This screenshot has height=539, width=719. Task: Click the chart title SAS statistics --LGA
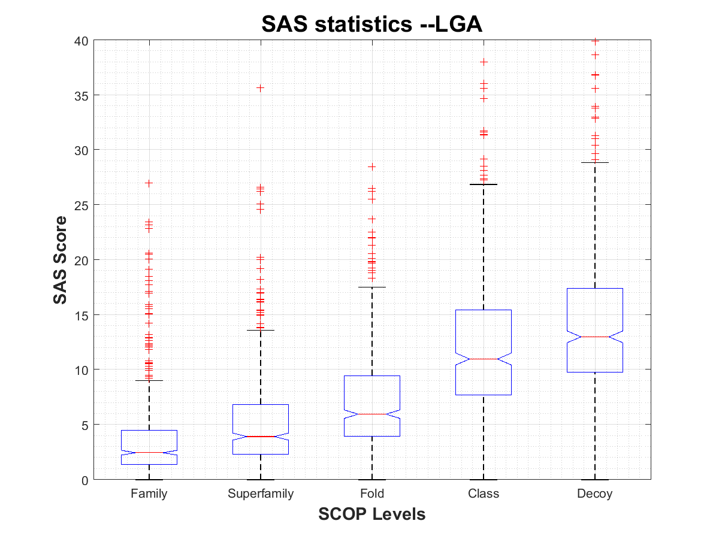(371, 24)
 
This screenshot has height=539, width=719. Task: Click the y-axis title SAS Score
(60, 260)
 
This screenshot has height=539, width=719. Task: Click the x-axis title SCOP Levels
(371, 514)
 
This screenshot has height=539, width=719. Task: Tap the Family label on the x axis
(149, 494)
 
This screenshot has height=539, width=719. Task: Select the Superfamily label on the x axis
(261, 494)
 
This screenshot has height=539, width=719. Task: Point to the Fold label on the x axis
(372, 494)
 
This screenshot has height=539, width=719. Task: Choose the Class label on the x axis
(484, 494)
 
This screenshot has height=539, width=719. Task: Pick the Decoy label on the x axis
(595, 494)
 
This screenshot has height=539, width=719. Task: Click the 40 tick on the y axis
(81, 41)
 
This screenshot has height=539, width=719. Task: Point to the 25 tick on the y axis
(81, 205)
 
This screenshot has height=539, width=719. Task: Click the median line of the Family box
(149, 452)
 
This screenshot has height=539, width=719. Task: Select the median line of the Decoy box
(595, 337)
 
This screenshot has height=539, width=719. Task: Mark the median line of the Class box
(484, 359)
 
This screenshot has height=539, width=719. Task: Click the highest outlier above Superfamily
(261, 87)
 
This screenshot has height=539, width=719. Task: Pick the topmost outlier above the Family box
(149, 183)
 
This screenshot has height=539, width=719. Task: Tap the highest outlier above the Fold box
(372, 166)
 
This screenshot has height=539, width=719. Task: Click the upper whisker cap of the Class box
(484, 184)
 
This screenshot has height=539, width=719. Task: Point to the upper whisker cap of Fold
(372, 287)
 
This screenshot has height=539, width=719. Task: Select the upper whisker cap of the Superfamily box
(261, 330)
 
